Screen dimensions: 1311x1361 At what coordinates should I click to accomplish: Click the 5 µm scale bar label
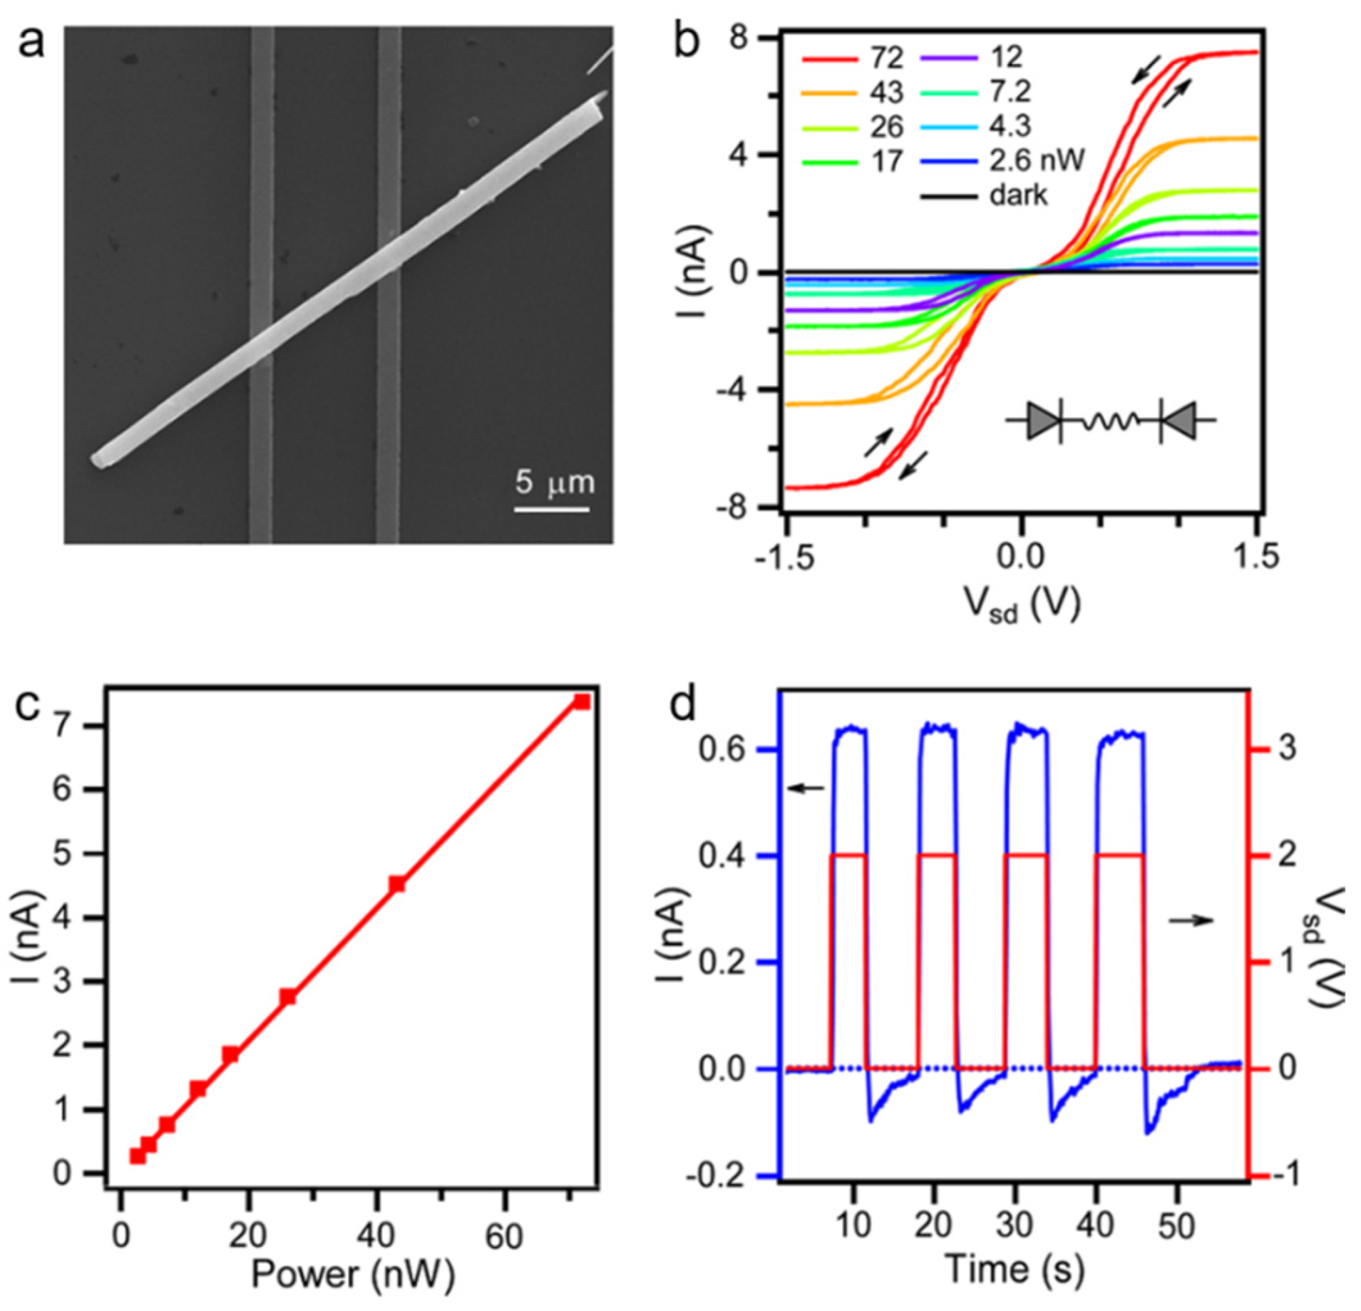(554, 483)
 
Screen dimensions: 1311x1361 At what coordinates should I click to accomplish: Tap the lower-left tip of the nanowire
(100, 460)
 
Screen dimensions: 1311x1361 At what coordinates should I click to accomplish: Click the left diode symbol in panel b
(1043, 421)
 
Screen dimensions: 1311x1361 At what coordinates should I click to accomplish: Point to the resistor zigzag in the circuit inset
(1111, 422)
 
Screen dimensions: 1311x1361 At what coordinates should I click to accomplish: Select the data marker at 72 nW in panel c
(582, 702)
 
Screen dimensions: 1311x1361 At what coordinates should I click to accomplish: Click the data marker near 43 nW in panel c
(397, 885)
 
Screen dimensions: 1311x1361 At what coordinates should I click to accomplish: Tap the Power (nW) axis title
(352, 1275)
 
